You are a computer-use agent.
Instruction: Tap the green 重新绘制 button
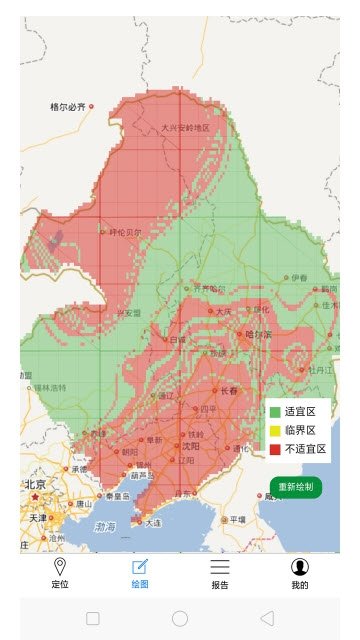(x=295, y=487)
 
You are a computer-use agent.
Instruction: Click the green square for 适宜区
(x=275, y=412)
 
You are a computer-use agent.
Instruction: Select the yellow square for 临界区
(x=275, y=430)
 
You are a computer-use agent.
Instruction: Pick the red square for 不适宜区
(x=275, y=449)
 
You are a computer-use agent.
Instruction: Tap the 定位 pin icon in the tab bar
(x=60, y=567)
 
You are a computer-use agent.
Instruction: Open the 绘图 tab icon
(x=140, y=567)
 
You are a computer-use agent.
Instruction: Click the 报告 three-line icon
(x=220, y=567)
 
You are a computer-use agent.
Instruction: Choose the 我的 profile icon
(x=300, y=567)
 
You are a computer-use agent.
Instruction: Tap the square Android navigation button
(x=93, y=618)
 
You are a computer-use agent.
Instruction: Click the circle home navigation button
(x=180, y=618)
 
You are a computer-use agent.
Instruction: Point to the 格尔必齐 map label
(x=68, y=106)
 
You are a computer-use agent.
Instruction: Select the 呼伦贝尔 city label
(x=124, y=232)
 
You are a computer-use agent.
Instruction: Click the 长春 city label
(x=229, y=391)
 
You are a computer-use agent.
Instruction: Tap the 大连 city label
(x=152, y=522)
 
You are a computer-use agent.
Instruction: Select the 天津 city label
(x=37, y=518)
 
